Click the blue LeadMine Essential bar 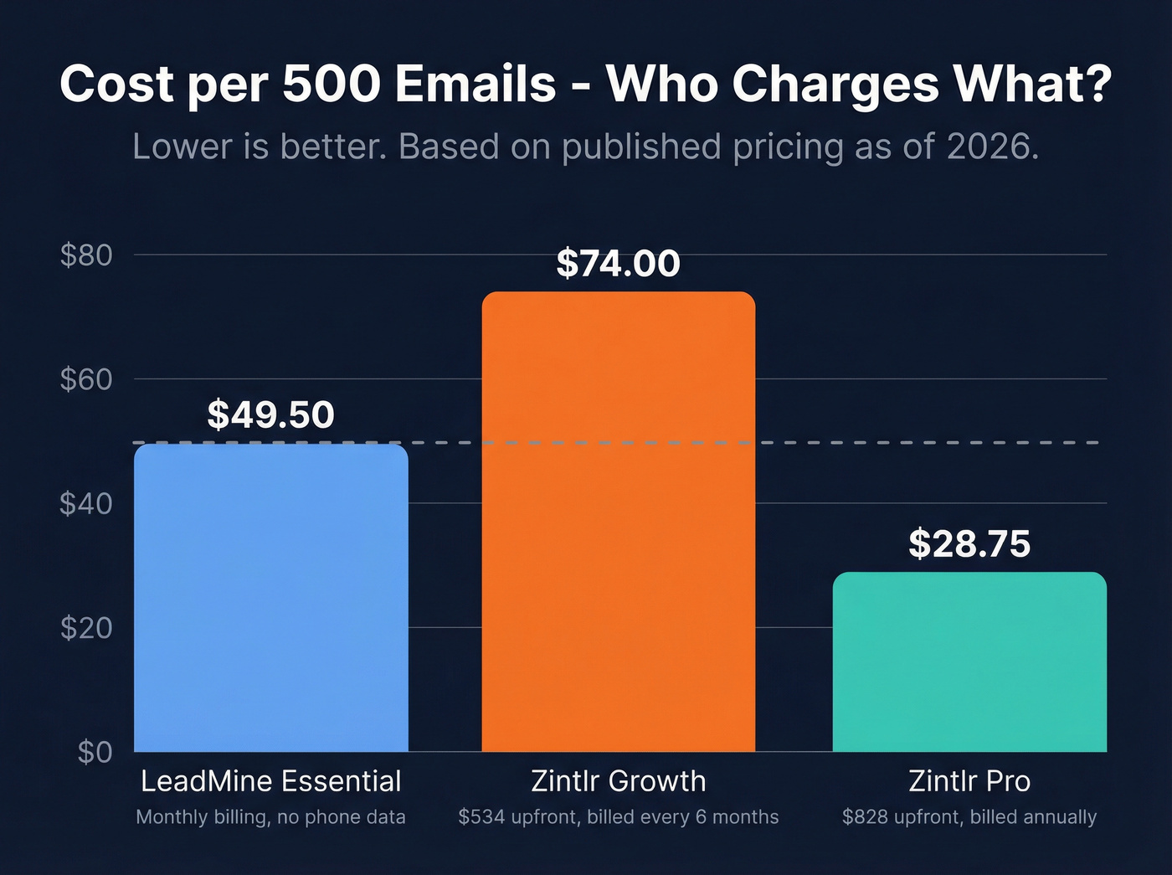[x=270, y=598]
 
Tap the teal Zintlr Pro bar [x=969, y=661]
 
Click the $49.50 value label [x=270, y=414]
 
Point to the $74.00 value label [x=618, y=263]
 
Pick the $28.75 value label [x=969, y=543]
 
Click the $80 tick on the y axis [x=86, y=255]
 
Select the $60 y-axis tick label [x=86, y=379]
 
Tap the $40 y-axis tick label [x=86, y=503]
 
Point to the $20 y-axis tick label [x=86, y=627]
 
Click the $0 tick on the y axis [x=95, y=752]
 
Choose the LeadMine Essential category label [x=270, y=781]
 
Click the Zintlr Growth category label [x=618, y=781]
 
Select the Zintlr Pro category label [x=969, y=781]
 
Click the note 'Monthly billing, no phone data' [x=270, y=817]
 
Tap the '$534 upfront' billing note [x=618, y=817]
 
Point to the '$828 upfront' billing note [x=969, y=817]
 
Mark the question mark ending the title [x=1097, y=84]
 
